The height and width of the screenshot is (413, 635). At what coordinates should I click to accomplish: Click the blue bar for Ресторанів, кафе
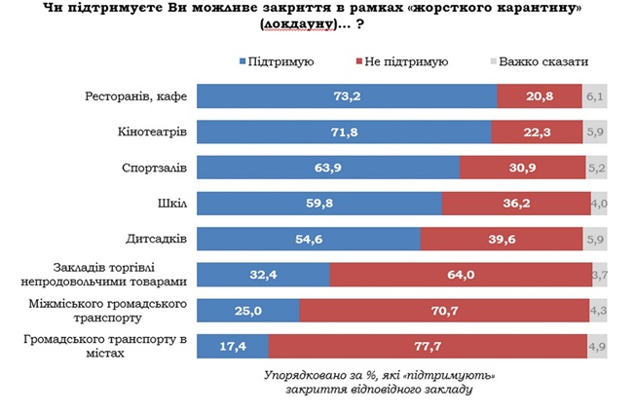[x=347, y=96]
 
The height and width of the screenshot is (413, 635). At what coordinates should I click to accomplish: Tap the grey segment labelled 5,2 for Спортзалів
[x=597, y=168]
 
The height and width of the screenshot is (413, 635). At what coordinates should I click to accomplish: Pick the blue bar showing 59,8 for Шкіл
[x=319, y=204]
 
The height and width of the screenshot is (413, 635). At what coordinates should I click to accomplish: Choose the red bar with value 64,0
[x=459, y=275]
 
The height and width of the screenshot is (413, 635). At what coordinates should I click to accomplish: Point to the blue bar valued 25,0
[x=247, y=310]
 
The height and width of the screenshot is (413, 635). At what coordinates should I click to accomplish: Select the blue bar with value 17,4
[x=232, y=345]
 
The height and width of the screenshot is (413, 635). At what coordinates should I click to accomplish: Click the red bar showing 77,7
[x=427, y=345]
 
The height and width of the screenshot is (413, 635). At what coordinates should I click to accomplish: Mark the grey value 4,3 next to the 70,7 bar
[x=598, y=310]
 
